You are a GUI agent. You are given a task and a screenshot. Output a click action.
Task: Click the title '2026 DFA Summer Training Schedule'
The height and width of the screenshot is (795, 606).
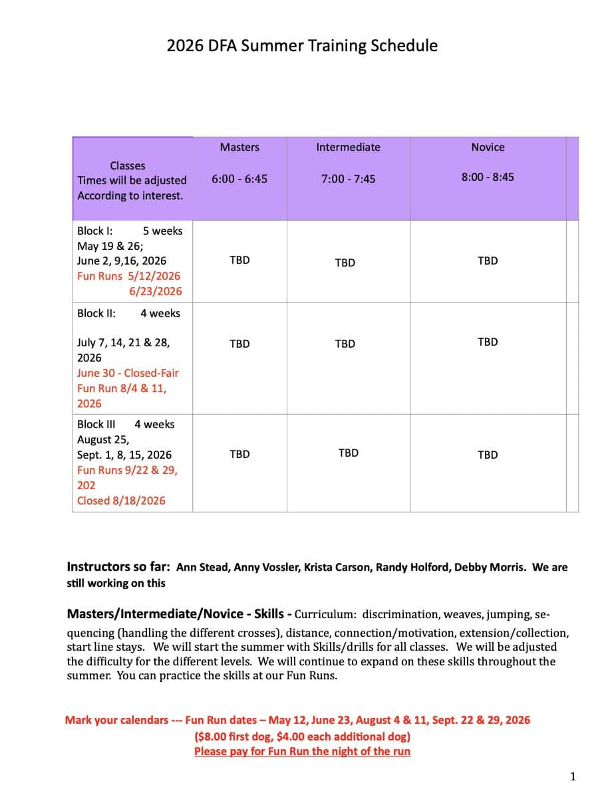[302, 46]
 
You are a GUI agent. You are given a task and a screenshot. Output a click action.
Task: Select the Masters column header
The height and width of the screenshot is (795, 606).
[239, 147]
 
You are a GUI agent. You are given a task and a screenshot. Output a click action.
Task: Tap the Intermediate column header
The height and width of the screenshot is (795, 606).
[348, 147]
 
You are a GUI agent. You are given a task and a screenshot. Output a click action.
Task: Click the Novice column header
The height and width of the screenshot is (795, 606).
[488, 147]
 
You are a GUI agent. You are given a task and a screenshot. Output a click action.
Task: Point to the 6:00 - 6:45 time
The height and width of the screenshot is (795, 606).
[239, 179]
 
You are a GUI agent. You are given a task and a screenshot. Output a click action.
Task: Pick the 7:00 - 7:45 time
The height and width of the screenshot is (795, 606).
[348, 179]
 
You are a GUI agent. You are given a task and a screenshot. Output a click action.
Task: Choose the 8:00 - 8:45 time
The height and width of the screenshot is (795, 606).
[488, 177]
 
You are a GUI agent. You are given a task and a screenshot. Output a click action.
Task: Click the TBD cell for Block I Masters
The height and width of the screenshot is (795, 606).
[239, 260]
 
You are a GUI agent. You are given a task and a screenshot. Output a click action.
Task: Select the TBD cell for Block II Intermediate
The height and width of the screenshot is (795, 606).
[345, 344]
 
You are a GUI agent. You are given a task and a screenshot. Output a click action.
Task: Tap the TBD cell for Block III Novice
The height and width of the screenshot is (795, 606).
[488, 455]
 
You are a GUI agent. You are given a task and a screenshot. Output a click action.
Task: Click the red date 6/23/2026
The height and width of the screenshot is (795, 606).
[155, 291]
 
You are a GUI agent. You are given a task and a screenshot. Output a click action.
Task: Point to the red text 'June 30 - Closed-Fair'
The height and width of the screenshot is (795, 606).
[128, 373]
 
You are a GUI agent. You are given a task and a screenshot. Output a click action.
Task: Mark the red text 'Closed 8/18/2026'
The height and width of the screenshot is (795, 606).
[121, 501]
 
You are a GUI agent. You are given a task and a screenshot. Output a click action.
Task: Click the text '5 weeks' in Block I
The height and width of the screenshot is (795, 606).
[162, 231]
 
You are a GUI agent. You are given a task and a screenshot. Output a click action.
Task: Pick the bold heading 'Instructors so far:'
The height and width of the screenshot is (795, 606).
[118, 567]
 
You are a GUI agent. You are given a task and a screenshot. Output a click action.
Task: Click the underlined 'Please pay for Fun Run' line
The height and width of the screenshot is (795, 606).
[302, 751]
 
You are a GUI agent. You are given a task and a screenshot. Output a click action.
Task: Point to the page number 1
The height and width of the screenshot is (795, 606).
[573, 776]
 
